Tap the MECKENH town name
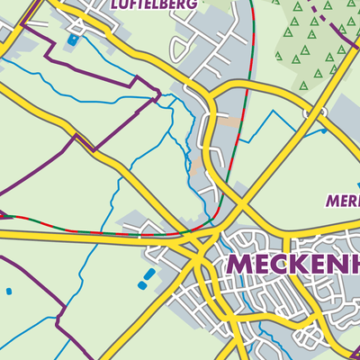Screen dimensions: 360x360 click(x=292, y=265)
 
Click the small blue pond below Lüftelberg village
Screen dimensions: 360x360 click(x=72, y=40)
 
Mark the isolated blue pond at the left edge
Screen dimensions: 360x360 click(x=9, y=292)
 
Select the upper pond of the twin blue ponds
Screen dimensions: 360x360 click(x=150, y=273)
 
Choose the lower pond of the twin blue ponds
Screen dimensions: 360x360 click(x=142, y=283)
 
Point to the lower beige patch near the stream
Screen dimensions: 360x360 click(x=198, y=167)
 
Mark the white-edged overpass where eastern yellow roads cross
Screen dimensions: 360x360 click(x=313, y=113)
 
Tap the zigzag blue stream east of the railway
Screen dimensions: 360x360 click(x=270, y=126)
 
